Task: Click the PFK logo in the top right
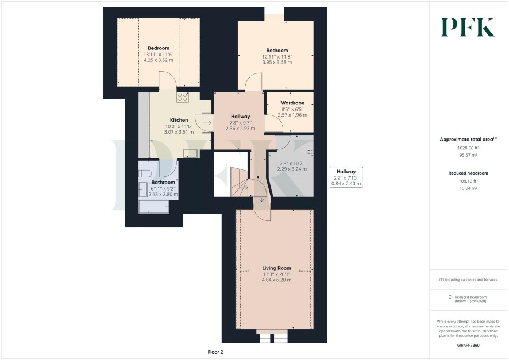(x=468, y=27)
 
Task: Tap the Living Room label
(x=276, y=268)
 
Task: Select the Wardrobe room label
(x=292, y=103)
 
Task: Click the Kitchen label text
(x=179, y=120)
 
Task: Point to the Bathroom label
(x=163, y=182)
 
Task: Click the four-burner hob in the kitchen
(x=183, y=97)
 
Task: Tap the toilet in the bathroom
(x=145, y=173)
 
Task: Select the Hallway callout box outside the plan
(x=346, y=177)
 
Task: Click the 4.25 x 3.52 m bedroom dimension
(x=159, y=60)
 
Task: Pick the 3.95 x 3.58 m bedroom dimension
(x=277, y=62)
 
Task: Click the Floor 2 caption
(x=215, y=352)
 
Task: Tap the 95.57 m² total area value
(x=468, y=155)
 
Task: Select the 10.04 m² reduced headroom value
(x=468, y=188)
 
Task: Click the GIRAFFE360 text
(x=468, y=346)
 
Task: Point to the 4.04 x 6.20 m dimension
(x=276, y=280)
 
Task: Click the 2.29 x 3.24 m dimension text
(x=292, y=169)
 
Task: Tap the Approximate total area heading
(x=468, y=139)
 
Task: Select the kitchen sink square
(x=190, y=153)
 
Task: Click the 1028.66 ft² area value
(x=468, y=148)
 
